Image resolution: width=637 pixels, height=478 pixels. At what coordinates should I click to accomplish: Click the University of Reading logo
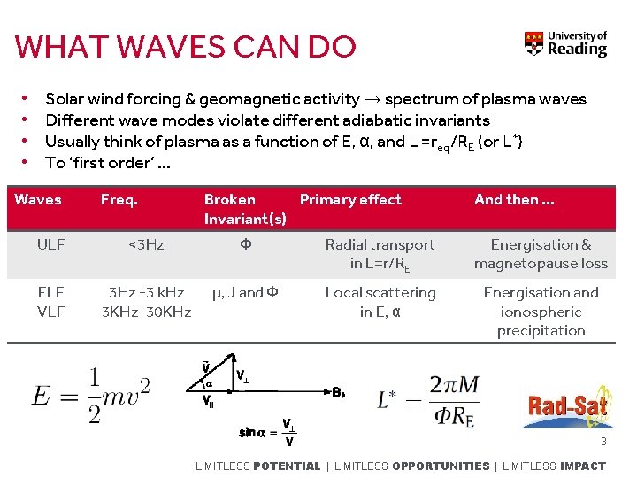pos(566,43)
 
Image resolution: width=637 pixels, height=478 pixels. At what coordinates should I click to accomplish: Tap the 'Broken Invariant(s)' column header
pos(245,209)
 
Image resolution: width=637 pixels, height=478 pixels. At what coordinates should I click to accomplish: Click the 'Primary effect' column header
pos(350,200)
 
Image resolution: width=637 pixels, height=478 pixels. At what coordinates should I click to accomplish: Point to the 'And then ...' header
pos(514,200)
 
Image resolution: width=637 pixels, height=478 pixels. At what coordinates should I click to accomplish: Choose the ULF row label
pos(50,245)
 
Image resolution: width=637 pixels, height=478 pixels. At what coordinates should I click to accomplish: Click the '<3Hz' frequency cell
pos(145,245)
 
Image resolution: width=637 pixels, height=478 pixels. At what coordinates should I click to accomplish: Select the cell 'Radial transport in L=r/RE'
pos(380,254)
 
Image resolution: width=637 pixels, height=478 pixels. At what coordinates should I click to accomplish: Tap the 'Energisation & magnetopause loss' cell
pos(541,254)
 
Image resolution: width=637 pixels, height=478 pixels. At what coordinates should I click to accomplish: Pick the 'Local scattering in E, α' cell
pos(380,302)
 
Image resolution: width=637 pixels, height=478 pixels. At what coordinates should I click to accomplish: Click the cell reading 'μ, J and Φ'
pos(245,293)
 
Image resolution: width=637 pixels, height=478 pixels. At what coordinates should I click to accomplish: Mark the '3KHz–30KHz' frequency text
pos(146,312)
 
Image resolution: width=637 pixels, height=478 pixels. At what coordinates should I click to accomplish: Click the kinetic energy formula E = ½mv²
pos(91,396)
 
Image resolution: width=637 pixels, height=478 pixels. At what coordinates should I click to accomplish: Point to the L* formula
pos(428,400)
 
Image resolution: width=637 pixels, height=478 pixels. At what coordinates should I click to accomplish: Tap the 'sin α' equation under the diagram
pos(267,432)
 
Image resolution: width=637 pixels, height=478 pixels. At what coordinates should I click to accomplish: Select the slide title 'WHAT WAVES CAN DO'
pos(186,47)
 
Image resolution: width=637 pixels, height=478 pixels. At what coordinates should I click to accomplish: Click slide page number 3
pos(603,442)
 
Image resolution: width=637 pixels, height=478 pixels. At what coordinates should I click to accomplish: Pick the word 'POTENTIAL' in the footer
pos(287,466)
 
